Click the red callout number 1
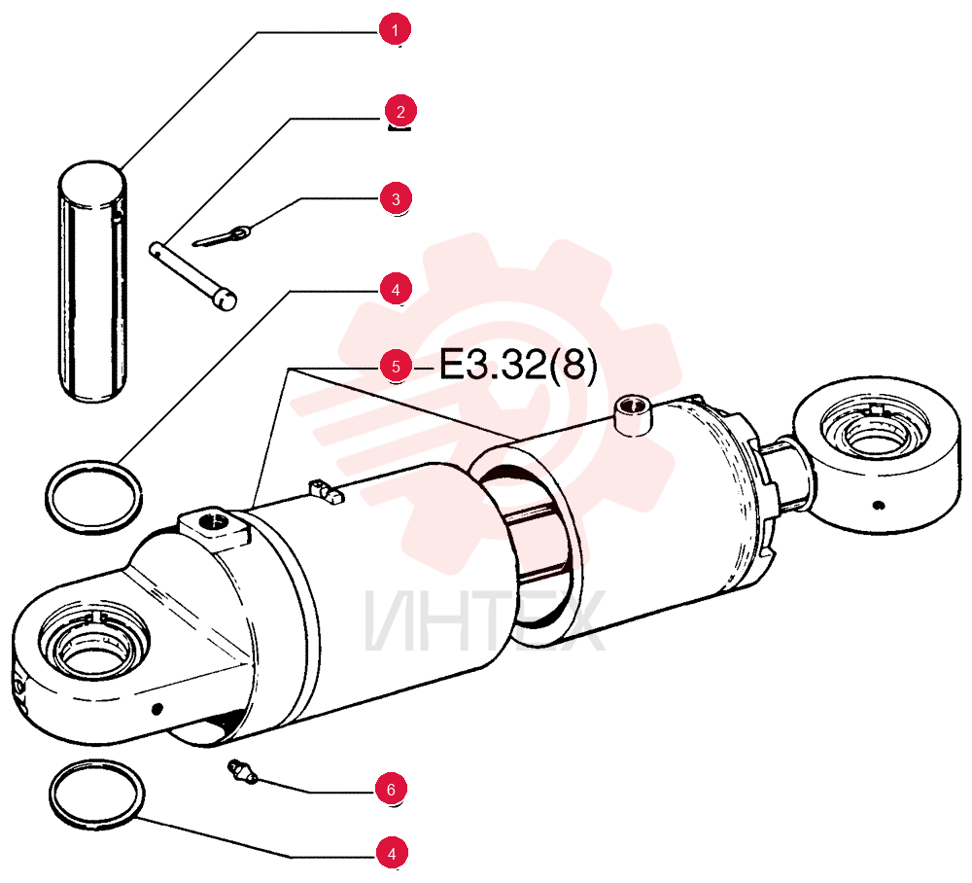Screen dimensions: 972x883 (x=395, y=29)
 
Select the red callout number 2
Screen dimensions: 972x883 (x=400, y=112)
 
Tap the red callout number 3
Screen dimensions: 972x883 (x=396, y=199)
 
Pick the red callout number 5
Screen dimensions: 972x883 (x=396, y=367)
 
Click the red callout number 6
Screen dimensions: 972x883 (x=391, y=790)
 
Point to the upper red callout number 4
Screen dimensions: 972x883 (x=396, y=290)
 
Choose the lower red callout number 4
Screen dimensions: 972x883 (x=392, y=854)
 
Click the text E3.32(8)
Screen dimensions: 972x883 (x=518, y=365)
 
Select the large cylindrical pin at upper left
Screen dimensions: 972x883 (x=93, y=281)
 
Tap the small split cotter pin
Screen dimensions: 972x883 (x=222, y=236)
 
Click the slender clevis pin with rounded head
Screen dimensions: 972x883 (x=192, y=276)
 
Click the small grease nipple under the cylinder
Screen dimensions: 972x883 (x=242, y=772)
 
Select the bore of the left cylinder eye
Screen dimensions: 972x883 (x=93, y=645)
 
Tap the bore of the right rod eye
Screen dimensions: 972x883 (x=874, y=434)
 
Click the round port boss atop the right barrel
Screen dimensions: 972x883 (x=633, y=416)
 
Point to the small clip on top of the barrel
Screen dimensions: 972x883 (x=326, y=492)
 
